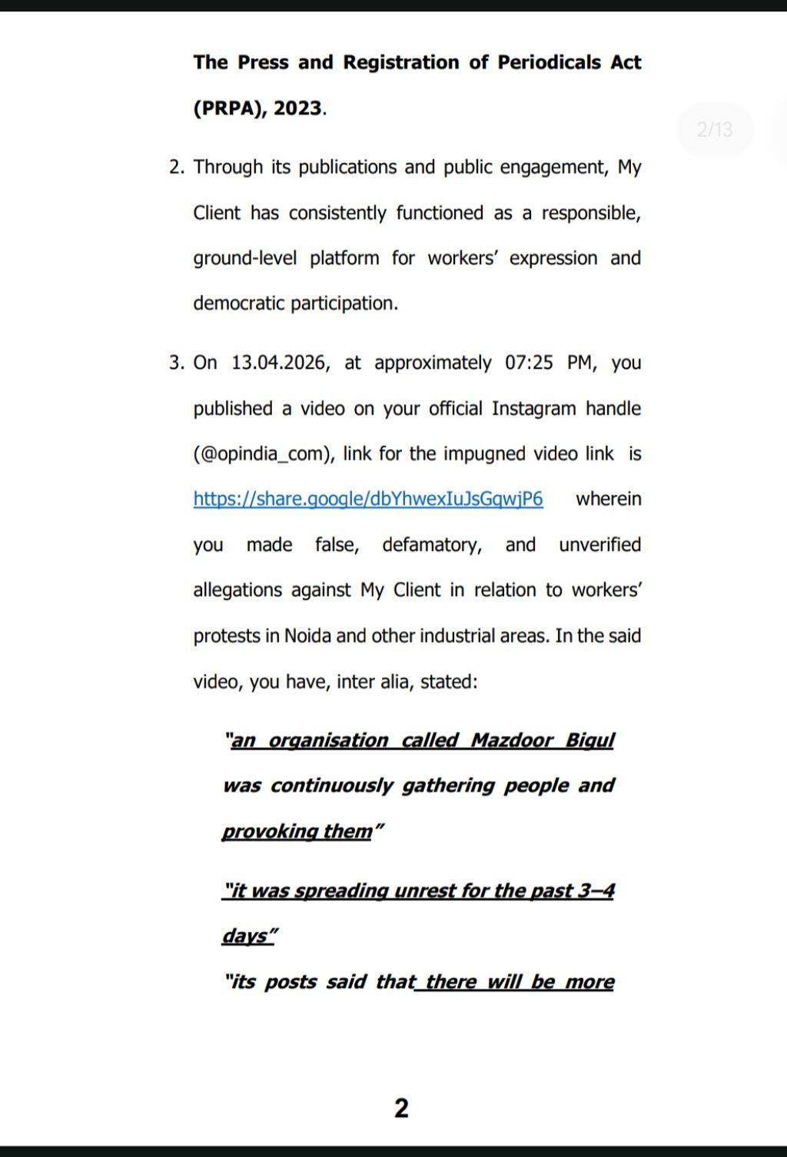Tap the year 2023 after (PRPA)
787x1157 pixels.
coord(297,108)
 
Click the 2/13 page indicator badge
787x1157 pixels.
coord(715,129)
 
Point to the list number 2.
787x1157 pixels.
coord(176,167)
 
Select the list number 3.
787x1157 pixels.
coord(176,363)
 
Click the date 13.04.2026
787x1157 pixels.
coord(281,363)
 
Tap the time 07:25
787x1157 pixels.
coord(529,363)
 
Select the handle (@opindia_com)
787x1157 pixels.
coord(263,454)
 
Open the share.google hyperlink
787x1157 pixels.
coord(368,499)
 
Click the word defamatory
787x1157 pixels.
coord(432,545)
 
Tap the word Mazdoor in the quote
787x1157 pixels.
coord(512,741)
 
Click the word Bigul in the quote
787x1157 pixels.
coord(589,741)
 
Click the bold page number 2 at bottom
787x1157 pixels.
coord(401,1108)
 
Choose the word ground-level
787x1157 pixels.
coord(244,258)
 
